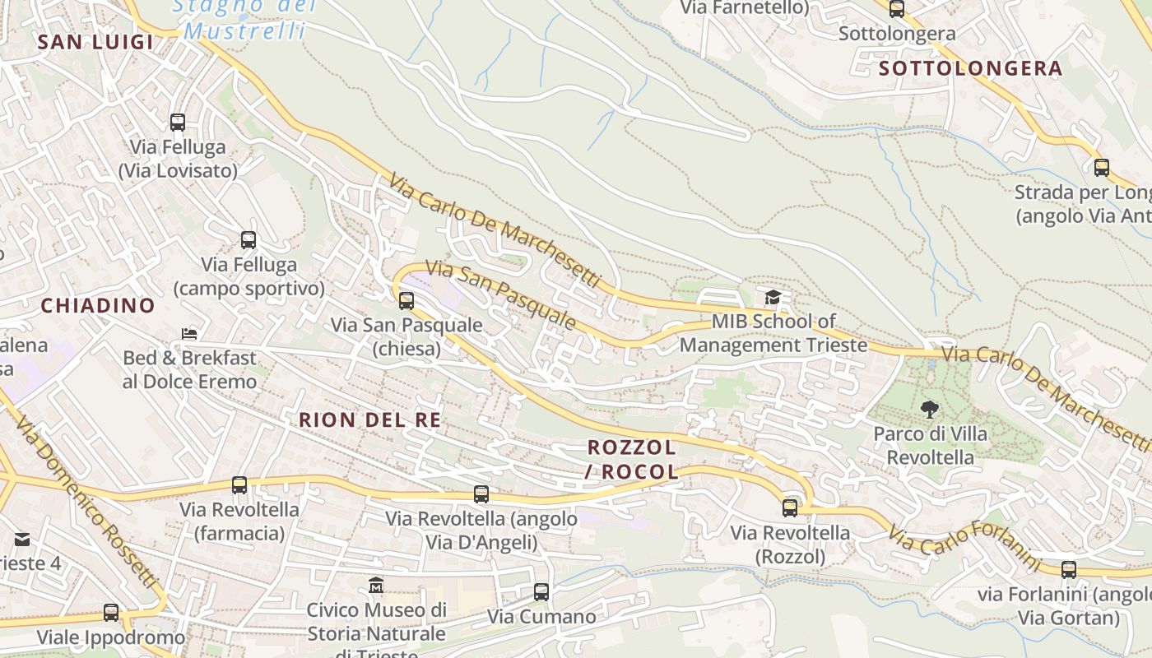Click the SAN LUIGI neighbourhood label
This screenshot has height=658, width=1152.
click(95, 42)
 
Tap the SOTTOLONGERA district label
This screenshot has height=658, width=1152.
click(971, 68)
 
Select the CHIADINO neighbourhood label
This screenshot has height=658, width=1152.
click(98, 306)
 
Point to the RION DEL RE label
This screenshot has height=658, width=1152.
click(369, 419)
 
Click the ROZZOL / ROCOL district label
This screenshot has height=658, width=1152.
click(632, 460)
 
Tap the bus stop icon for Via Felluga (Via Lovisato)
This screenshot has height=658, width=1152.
click(177, 123)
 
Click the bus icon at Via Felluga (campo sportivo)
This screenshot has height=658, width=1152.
click(249, 240)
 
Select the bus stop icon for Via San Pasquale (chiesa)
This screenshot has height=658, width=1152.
click(406, 300)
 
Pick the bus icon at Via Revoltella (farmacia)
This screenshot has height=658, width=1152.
click(239, 484)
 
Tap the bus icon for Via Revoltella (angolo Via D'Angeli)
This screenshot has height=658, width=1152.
click(481, 493)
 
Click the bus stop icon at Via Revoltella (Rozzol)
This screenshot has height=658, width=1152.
click(790, 507)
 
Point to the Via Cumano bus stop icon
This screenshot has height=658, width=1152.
click(541, 591)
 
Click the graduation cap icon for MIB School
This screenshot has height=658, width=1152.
click(772, 297)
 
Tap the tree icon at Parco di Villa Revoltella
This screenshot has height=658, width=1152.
click(930, 409)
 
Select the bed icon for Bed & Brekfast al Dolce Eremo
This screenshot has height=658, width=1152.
click(189, 334)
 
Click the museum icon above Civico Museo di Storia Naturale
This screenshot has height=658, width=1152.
click(376, 586)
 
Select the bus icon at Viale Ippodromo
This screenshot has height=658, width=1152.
click(111, 613)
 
